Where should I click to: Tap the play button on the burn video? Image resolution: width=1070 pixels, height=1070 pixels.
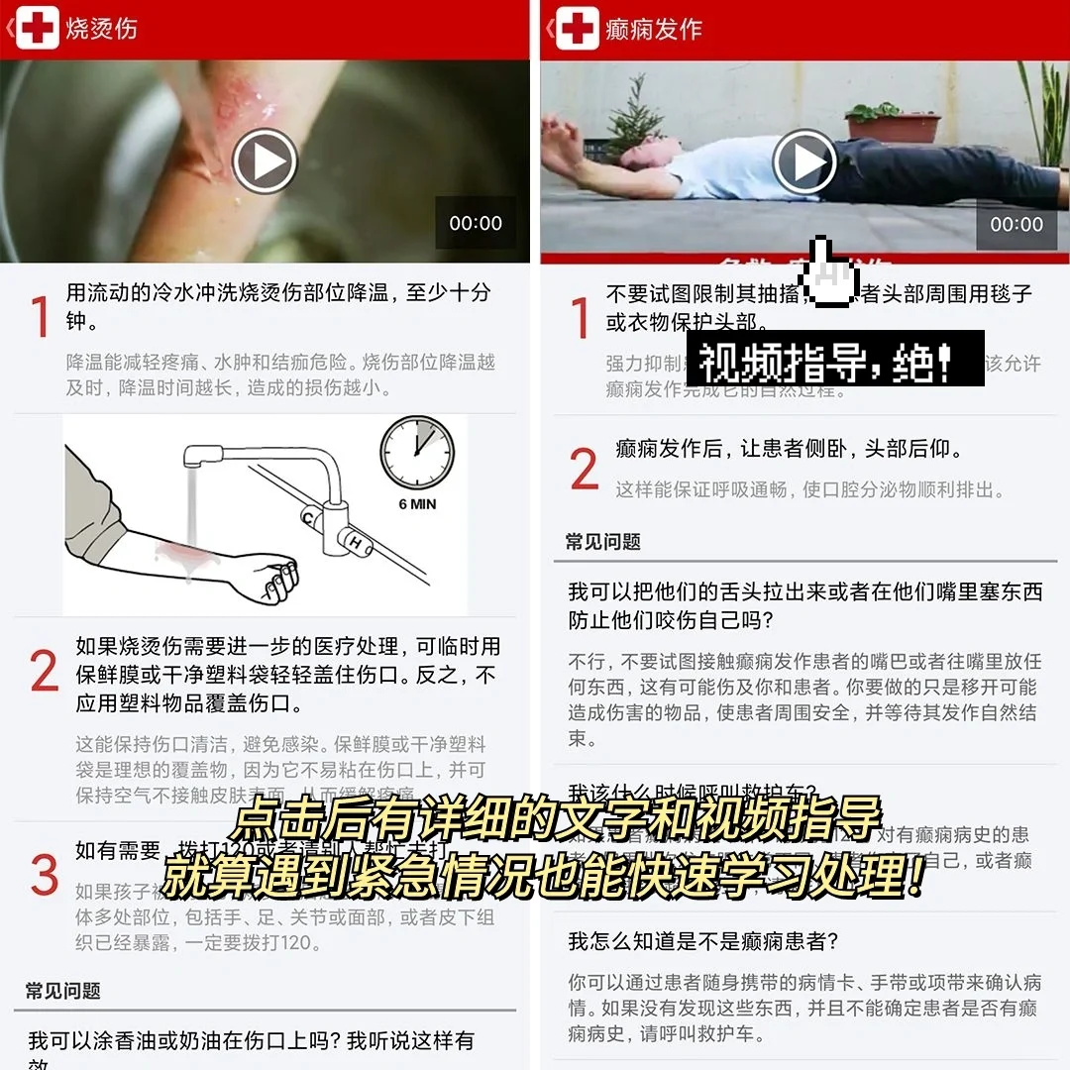pyautogui.click(x=265, y=161)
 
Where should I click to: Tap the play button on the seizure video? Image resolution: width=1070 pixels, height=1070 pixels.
pyautogui.click(x=804, y=161)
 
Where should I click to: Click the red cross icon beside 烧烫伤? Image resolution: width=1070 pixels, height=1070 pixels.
pyautogui.click(x=38, y=29)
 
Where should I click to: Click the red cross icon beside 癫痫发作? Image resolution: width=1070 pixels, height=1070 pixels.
pyautogui.click(x=578, y=29)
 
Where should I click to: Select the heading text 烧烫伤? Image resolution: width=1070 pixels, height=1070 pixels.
pyautogui.click(x=101, y=29)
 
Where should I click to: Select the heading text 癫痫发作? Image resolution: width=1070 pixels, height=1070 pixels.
pyautogui.click(x=654, y=29)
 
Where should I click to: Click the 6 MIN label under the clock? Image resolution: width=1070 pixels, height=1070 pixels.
pyautogui.click(x=417, y=504)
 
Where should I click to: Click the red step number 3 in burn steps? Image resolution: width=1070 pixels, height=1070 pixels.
pyautogui.click(x=44, y=875)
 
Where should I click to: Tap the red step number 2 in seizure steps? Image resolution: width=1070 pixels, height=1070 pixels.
pyautogui.click(x=585, y=470)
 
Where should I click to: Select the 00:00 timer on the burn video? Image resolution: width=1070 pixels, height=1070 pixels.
pyautogui.click(x=476, y=224)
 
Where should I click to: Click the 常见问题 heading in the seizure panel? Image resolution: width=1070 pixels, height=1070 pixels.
pyautogui.click(x=603, y=542)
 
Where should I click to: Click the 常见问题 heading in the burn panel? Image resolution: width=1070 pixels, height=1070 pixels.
pyautogui.click(x=63, y=991)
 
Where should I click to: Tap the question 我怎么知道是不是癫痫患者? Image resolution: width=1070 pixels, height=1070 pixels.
pyautogui.click(x=703, y=941)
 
